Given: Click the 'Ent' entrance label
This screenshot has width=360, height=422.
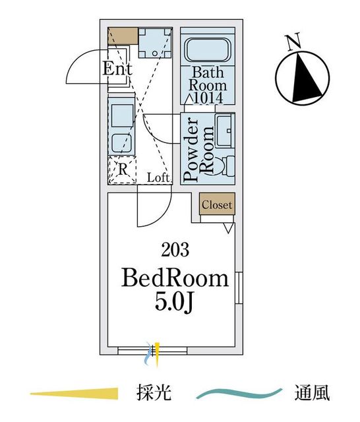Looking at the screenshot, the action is pos(117,69).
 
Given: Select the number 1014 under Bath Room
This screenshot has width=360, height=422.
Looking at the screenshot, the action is pos(208,98).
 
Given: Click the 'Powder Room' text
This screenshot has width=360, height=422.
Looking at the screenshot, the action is pos(199,150).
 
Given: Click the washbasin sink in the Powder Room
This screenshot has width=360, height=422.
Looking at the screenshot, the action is pos(225,131).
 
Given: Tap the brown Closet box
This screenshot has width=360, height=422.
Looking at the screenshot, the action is pos(217,204).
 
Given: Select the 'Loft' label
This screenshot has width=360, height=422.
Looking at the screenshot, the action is pos(158,177).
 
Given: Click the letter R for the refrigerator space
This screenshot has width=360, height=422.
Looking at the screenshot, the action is pos(123,169).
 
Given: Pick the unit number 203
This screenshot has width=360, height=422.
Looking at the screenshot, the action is pos(175,250).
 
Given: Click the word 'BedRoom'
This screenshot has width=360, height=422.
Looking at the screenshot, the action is pos(175,279).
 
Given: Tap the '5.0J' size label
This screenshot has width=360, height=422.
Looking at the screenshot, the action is pos(174,303).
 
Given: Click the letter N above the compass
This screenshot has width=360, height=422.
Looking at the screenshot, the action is pos(293,42).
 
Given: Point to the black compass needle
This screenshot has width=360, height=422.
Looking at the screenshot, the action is pos(307,78).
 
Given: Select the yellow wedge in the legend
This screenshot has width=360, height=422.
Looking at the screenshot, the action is pos(74,393).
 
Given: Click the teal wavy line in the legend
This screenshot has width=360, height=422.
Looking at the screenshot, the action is pos(239,394).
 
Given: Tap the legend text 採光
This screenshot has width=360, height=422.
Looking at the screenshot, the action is pos(154,393).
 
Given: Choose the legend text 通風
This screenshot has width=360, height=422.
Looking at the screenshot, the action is pos(312,393).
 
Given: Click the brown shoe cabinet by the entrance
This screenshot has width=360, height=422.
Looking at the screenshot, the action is pos(123,36).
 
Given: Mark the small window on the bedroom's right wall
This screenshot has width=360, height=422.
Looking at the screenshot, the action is pos(239,288).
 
